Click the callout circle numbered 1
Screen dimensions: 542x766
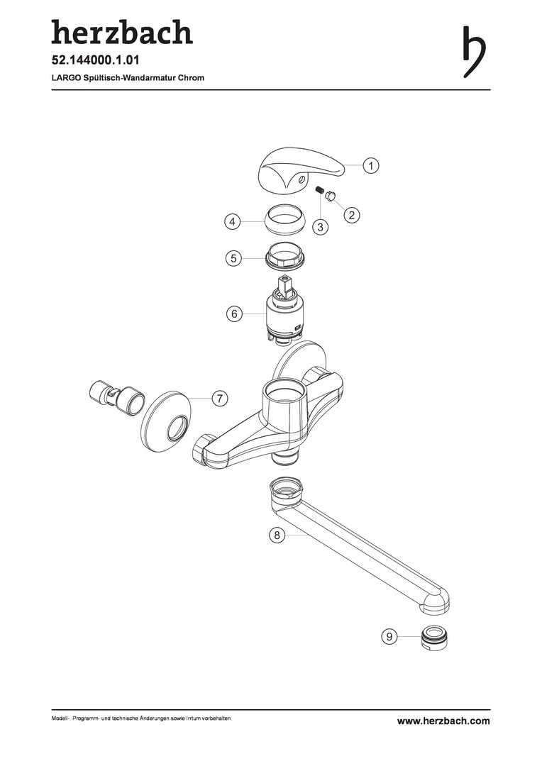tap(371, 165)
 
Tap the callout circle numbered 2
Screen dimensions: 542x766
tap(351, 214)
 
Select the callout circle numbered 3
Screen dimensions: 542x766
tap(321, 227)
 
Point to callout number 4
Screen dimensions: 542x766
tap(233, 222)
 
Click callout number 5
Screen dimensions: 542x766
tap(233, 257)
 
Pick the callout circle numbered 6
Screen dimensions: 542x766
tap(234, 313)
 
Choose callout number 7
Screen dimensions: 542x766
tap(220, 399)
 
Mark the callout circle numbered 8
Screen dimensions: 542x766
tap(277, 535)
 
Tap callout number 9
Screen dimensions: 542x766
tap(389, 636)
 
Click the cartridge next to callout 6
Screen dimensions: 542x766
tap(284, 311)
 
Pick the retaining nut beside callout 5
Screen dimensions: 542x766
tap(284, 255)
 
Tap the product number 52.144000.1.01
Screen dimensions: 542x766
tap(96, 60)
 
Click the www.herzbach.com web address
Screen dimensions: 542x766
tap(443, 721)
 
